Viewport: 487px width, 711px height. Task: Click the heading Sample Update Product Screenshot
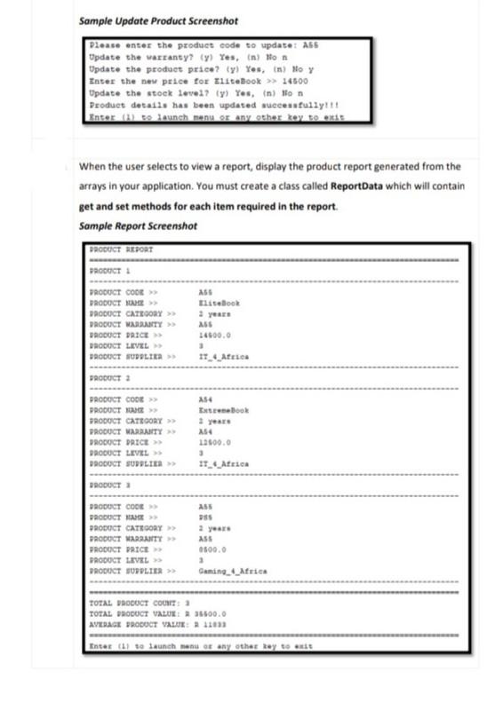pos(148,20)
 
